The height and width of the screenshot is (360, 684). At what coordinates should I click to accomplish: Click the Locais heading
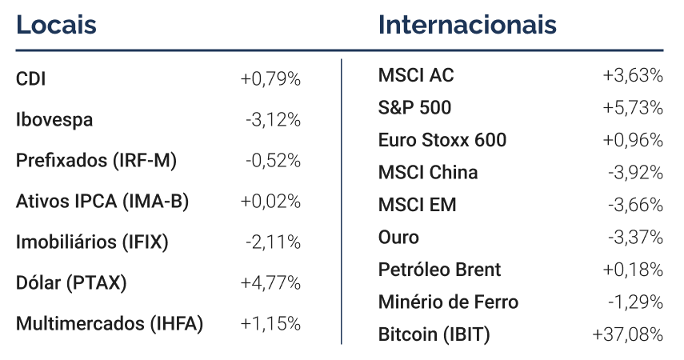tap(56, 25)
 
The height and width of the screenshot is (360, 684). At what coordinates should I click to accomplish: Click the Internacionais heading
tap(467, 25)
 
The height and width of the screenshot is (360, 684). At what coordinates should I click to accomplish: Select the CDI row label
tap(30, 79)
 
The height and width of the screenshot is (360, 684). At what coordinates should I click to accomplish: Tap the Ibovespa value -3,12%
tap(273, 119)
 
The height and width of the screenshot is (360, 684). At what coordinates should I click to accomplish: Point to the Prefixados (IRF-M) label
tap(97, 161)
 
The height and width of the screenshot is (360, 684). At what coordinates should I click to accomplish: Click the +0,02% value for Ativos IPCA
tap(270, 202)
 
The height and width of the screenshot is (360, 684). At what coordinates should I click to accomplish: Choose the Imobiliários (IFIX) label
tap(92, 242)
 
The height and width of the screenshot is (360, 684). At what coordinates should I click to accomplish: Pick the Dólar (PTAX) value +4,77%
tap(270, 282)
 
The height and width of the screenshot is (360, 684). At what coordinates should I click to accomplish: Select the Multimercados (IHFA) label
tap(110, 324)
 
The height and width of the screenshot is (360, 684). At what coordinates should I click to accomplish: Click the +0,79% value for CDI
tap(270, 79)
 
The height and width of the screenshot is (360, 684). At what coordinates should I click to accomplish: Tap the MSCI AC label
tap(416, 75)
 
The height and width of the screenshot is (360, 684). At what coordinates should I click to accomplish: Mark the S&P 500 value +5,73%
tap(633, 108)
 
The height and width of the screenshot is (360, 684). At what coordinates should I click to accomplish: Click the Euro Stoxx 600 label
tap(442, 140)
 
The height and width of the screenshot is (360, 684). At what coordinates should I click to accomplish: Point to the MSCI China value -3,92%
tap(635, 173)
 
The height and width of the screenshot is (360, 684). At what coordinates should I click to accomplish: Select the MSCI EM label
tap(418, 205)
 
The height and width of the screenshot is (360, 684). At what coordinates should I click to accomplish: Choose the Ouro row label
tap(398, 238)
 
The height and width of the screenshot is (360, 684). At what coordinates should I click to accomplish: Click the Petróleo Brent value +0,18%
tap(633, 270)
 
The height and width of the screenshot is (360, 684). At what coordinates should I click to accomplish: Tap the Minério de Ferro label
tap(449, 302)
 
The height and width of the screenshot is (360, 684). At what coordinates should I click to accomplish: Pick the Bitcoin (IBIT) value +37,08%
tap(628, 334)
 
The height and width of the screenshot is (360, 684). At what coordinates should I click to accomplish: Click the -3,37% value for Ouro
tap(635, 238)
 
